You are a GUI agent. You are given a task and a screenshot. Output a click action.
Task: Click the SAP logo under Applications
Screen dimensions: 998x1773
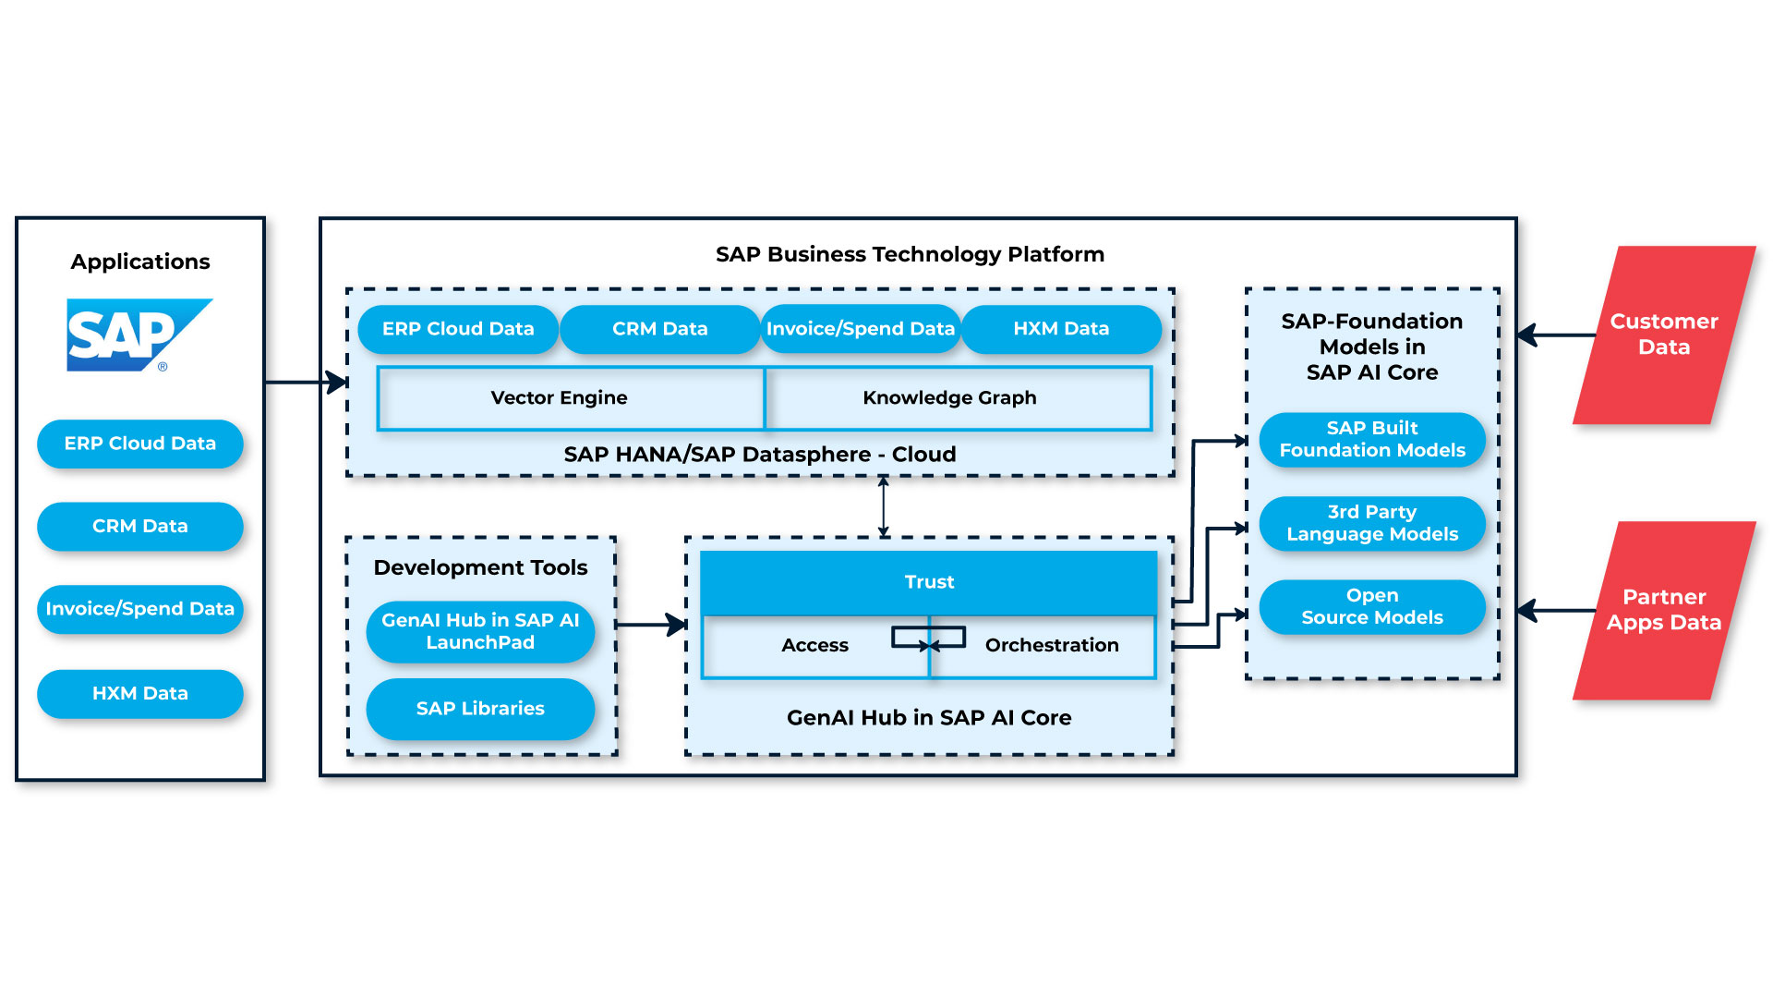click(139, 335)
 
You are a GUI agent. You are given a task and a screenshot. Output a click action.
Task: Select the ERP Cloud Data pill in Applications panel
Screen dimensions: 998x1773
click(140, 444)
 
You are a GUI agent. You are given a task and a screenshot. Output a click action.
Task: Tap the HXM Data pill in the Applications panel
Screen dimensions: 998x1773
click(140, 693)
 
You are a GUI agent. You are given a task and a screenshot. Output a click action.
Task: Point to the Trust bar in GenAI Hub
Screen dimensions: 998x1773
click(929, 582)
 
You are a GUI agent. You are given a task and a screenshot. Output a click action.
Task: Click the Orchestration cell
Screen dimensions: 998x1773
click(1052, 646)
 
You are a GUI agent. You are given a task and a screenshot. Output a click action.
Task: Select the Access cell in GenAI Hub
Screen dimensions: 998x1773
click(814, 646)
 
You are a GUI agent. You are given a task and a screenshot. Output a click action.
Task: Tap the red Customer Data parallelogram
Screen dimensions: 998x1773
click(1663, 335)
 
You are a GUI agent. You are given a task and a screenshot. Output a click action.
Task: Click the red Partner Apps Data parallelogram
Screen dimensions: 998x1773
click(1663, 610)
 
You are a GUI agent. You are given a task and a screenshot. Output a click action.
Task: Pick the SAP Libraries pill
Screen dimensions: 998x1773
click(480, 709)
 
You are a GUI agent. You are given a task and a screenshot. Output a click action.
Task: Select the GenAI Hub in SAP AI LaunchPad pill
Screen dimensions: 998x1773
click(480, 631)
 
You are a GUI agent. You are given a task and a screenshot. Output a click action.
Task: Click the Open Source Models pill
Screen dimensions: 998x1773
click(1372, 607)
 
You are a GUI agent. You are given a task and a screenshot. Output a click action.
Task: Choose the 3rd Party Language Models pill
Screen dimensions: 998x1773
click(1372, 523)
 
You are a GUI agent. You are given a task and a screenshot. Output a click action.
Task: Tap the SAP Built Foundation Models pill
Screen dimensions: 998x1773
click(1372, 440)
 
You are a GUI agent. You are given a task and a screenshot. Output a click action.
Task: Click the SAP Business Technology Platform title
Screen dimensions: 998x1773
click(910, 254)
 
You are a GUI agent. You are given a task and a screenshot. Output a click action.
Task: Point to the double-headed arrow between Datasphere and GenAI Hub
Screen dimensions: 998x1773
click(884, 506)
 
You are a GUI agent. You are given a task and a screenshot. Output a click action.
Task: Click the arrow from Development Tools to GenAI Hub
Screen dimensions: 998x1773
click(650, 625)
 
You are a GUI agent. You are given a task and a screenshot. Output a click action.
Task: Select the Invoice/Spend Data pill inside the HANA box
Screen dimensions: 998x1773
click(860, 329)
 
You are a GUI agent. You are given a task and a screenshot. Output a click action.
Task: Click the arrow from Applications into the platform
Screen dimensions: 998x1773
click(305, 382)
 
